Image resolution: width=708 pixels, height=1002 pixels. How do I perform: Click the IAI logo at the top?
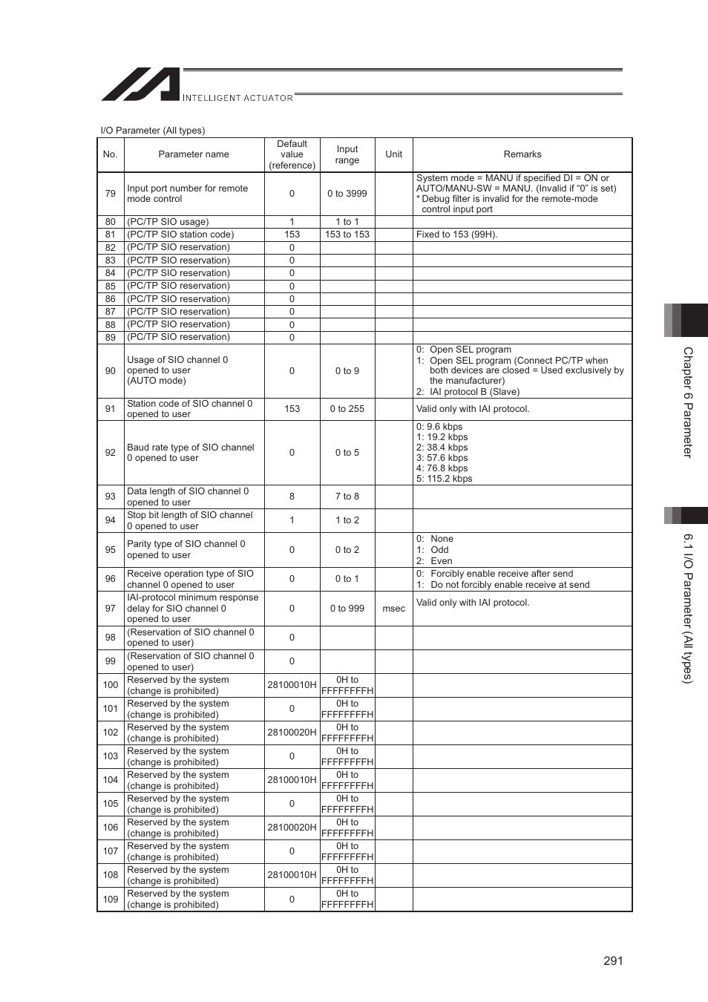[x=141, y=85]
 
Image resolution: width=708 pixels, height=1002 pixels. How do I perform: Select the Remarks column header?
[x=522, y=154]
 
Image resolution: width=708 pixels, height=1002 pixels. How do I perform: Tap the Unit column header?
[x=393, y=154]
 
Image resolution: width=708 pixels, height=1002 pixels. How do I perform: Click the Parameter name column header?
[x=194, y=154]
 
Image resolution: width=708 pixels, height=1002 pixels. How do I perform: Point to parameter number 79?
[x=111, y=194]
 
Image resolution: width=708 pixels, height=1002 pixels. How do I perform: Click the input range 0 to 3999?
[x=347, y=194]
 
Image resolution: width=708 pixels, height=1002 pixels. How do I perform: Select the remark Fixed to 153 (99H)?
[x=457, y=235]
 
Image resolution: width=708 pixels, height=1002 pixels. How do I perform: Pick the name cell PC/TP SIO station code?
[x=180, y=235]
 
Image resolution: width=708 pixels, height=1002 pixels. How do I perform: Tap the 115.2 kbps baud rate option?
[x=445, y=479]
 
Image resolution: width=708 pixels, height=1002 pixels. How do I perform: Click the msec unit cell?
[x=393, y=609]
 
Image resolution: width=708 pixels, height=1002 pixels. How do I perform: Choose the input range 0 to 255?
[x=347, y=409]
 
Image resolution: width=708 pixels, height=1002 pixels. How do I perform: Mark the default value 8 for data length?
[x=292, y=497]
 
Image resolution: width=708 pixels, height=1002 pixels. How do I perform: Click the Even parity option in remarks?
[x=441, y=561]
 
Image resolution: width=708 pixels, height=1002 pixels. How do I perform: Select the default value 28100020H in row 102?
[x=292, y=733]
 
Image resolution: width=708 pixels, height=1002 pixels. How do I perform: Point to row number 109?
[x=111, y=900]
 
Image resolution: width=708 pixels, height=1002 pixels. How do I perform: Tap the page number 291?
[x=613, y=961]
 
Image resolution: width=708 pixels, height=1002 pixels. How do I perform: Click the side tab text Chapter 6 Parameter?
[x=688, y=402]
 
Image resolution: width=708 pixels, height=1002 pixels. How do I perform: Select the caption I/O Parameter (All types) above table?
[x=153, y=131]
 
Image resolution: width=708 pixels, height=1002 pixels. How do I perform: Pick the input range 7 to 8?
[x=347, y=497]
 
